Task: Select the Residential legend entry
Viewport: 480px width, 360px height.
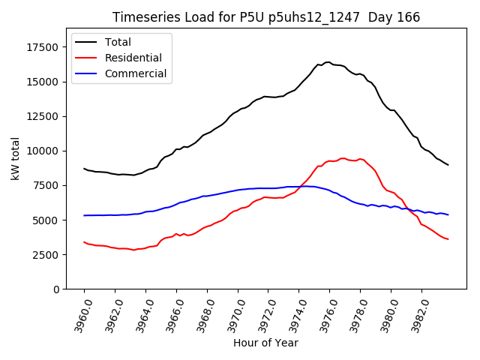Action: [x=134, y=58]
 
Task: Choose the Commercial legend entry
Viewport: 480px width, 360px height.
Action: [x=136, y=73]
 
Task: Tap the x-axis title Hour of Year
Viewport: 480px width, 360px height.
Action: [x=265, y=343]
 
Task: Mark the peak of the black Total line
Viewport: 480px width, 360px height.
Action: [x=328, y=62]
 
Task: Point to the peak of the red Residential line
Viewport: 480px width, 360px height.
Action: [x=343, y=158]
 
